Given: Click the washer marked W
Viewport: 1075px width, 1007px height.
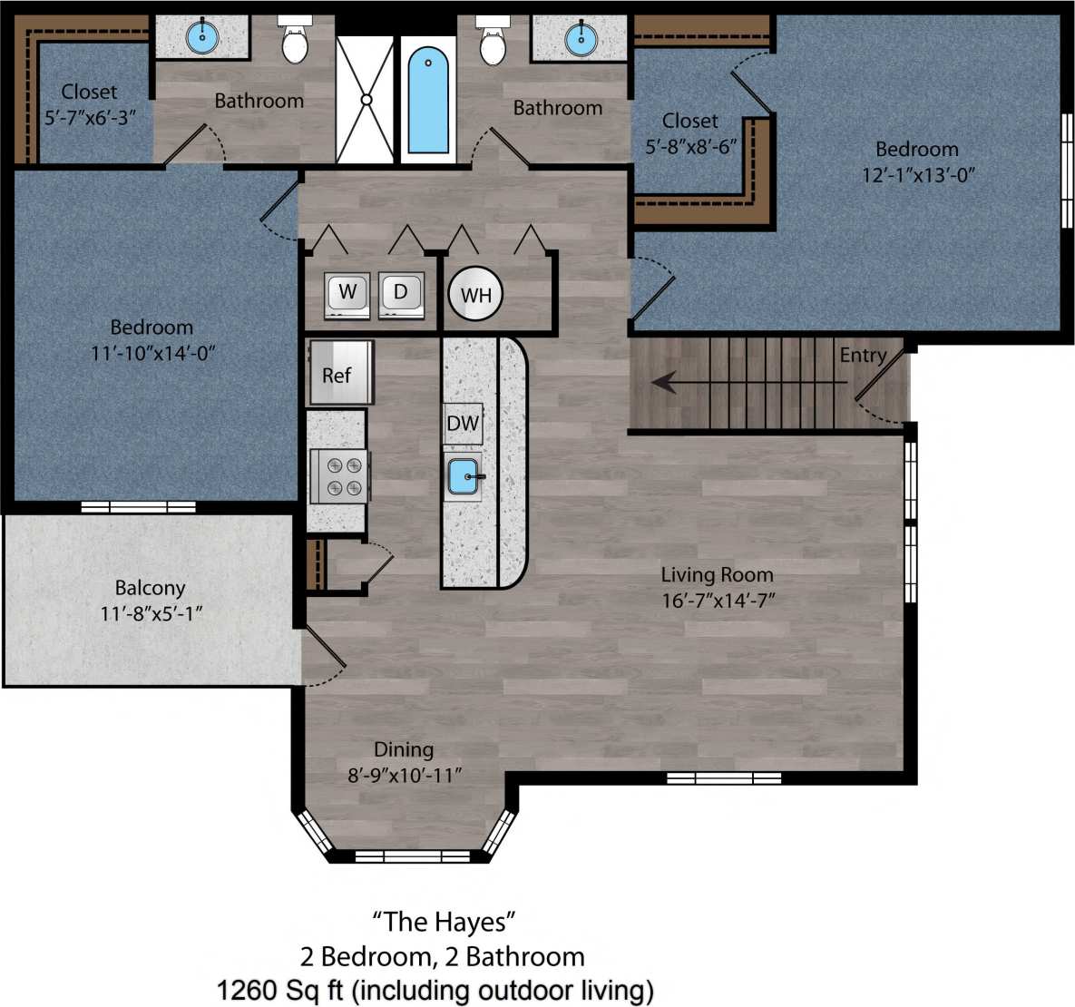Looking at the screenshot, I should click(347, 294).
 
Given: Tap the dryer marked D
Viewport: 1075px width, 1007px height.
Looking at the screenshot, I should click(401, 294).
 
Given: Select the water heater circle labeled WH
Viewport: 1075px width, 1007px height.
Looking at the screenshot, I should click(475, 294).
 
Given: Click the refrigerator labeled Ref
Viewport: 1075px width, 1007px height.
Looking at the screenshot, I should click(339, 373).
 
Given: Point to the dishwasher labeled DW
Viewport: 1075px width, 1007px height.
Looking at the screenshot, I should click(463, 423).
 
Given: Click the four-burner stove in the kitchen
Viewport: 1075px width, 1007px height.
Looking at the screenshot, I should click(340, 476).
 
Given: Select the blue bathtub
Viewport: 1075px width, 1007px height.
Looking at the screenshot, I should click(428, 100).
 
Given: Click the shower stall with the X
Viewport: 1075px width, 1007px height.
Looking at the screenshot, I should click(366, 100).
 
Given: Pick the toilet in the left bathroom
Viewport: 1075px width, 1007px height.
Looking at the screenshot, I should click(295, 42).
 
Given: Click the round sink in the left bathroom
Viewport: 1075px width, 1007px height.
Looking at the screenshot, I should click(202, 37).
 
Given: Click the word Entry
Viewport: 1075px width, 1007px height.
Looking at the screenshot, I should click(863, 355).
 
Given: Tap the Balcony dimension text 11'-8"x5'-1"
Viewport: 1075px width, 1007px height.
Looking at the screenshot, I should click(151, 613).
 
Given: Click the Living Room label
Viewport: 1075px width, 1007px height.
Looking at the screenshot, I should click(717, 574).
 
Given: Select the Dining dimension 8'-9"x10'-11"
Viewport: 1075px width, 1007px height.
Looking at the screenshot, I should click(405, 775).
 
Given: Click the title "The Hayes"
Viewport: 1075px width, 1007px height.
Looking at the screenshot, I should click(444, 922).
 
